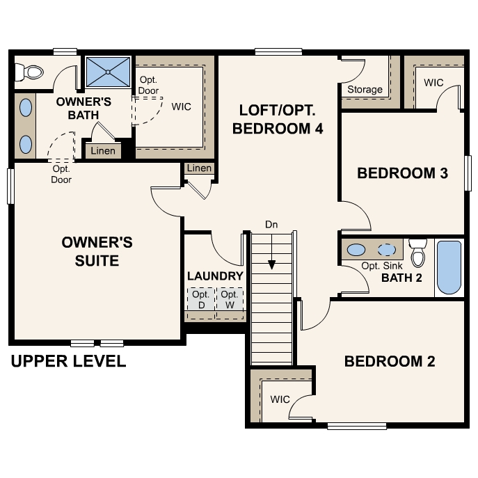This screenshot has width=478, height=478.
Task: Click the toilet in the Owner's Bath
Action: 32,71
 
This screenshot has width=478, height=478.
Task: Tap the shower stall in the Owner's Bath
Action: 108,71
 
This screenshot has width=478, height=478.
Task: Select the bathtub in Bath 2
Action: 449,268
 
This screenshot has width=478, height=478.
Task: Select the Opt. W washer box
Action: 229,299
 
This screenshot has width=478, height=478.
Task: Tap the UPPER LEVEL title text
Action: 68,361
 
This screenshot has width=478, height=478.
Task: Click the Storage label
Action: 365,89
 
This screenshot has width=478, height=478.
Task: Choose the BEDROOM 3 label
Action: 401,173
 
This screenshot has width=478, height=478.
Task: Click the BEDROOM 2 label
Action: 390,361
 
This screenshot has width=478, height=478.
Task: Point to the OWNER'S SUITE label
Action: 97,251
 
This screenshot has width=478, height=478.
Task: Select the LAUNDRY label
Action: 215,276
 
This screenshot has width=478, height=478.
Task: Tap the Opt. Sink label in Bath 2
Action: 382,266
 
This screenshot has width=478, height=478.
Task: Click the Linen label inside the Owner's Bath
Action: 103,151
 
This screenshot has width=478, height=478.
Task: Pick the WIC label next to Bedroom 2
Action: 280,399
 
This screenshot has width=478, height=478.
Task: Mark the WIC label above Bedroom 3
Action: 433,83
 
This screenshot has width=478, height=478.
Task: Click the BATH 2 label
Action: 401,278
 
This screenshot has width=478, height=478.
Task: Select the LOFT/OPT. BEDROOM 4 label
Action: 277,119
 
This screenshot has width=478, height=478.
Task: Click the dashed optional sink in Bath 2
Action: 385,250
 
